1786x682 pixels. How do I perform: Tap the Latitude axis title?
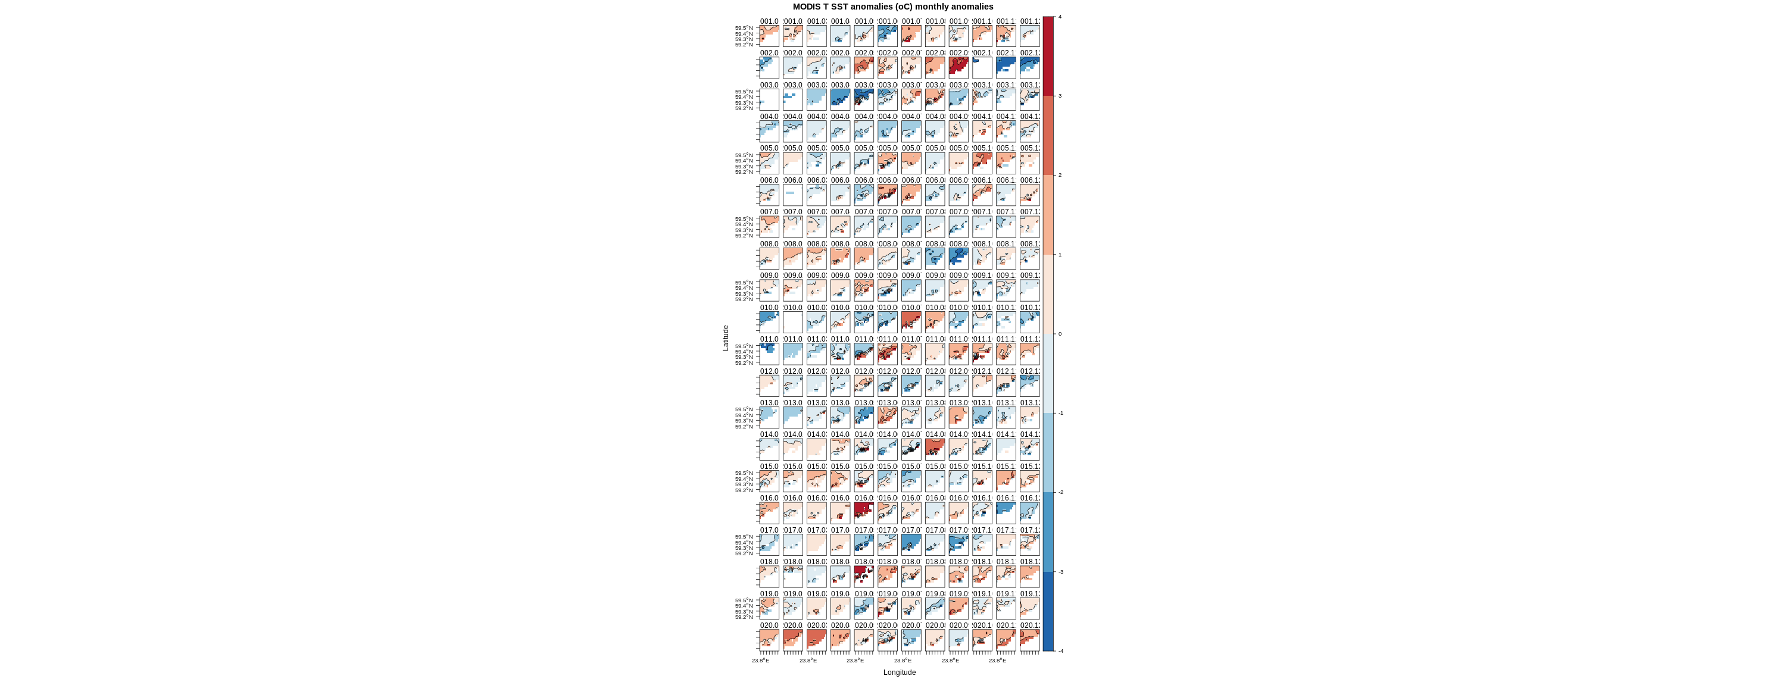(726, 338)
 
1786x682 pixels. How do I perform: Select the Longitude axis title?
(899, 672)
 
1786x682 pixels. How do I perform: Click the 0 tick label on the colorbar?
(1060, 334)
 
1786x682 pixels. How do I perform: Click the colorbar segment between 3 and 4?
(1048, 56)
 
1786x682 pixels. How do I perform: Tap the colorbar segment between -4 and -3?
(1048, 611)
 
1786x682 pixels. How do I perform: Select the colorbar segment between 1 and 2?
(1048, 215)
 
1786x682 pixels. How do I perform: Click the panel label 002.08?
(935, 54)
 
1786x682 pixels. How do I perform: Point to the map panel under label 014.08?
(935, 449)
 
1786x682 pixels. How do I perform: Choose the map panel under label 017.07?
(911, 545)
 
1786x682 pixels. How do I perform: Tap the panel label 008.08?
(935, 244)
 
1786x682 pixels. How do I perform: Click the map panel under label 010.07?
(911, 323)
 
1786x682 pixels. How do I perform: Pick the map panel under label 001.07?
(911, 36)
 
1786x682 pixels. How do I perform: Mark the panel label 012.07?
(911, 371)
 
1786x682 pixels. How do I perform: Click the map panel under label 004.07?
(911, 131)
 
